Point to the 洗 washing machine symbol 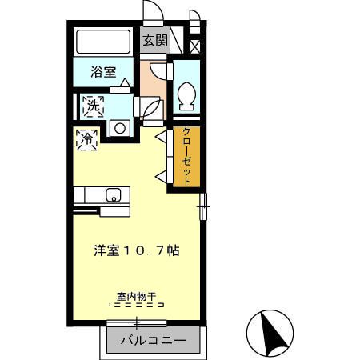(x=93, y=104)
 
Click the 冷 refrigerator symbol (x=87, y=138)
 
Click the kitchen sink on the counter (x=114, y=194)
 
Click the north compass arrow (x=274, y=331)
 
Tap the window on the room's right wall (x=203, y=206)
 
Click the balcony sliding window (x=137, y=322)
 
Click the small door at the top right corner (x=194, y=18)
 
